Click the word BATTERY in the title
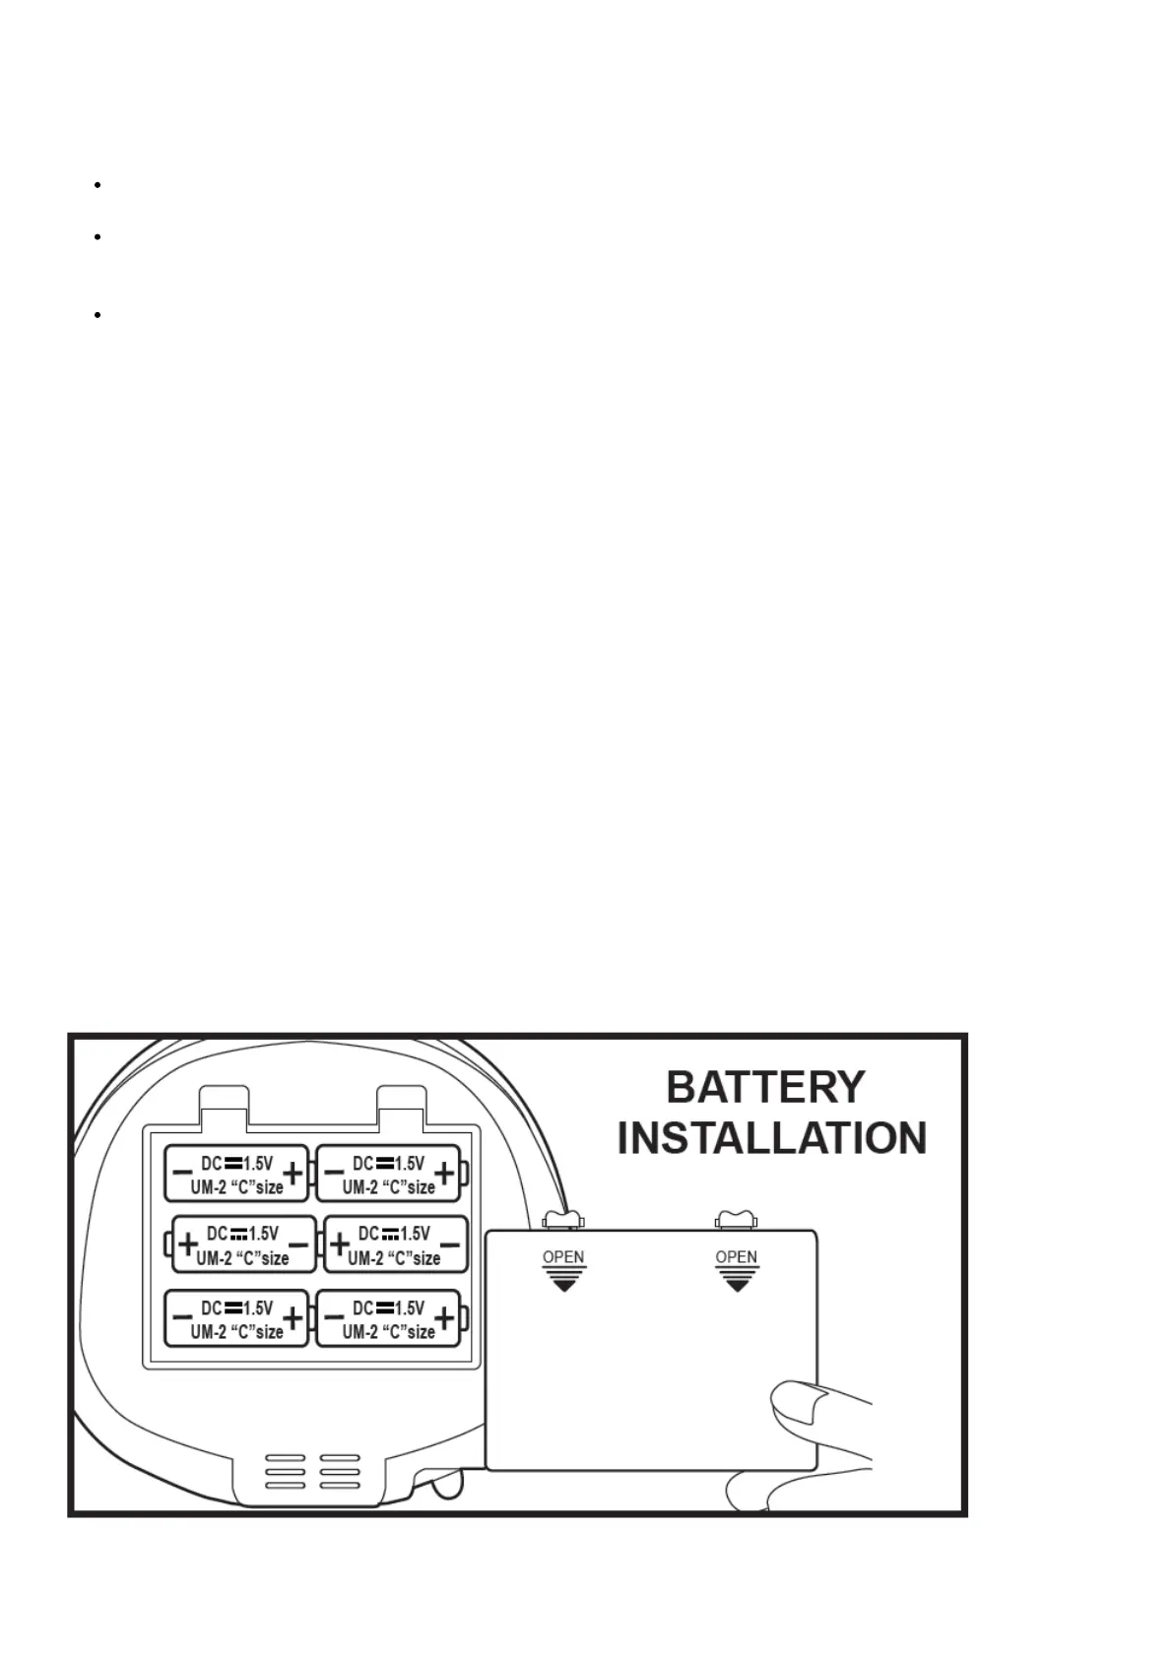click(x=765, y=1088)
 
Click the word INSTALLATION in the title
click(x=771, y=1138)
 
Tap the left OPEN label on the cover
click(x=563, y=1257)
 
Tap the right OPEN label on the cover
click(x=736, y=1257)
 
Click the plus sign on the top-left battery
click(x=293, y=1173)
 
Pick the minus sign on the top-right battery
click(x=334, y=1173)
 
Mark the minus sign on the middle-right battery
click(x=449, y=1245)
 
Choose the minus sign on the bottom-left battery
click(x=181, y=1317)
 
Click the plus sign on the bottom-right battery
click(x=445, y=1317)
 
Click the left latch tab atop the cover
click(x=562, y=1220)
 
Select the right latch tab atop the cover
click(x=736, y=1220)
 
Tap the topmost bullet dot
click(x=98, y=184)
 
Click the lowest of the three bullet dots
click(x=98, y=315)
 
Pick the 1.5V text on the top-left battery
click(x=258, y=1163)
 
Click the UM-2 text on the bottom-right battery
click(x=360, y=1331)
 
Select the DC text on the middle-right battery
click(x=368, y=1234)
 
